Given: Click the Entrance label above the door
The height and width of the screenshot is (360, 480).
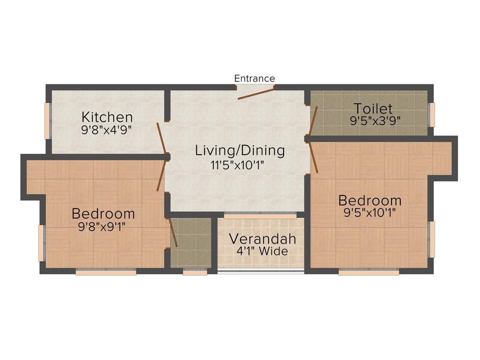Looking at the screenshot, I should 255,78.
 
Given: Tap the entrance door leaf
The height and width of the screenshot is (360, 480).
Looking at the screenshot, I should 256,92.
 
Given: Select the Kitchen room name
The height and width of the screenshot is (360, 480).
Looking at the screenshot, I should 107,117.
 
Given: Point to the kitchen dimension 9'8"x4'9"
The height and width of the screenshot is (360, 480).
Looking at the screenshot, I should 106,129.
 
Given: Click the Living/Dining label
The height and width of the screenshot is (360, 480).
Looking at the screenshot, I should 240,150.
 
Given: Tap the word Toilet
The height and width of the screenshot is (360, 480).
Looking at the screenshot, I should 373,108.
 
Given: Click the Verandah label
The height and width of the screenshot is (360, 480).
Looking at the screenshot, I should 262,239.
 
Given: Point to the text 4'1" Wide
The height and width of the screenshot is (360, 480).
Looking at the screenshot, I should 262,251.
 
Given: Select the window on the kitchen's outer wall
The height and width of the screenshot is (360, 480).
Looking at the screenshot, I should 47,120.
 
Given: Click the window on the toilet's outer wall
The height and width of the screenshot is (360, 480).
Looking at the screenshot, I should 432,115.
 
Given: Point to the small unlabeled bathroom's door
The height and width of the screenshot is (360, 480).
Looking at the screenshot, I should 172,232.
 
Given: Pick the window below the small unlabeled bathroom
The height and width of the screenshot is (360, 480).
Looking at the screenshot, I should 195,272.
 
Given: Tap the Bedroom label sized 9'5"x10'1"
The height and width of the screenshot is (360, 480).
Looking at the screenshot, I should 370,201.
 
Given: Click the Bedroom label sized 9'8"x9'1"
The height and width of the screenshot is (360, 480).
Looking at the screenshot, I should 103,214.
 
